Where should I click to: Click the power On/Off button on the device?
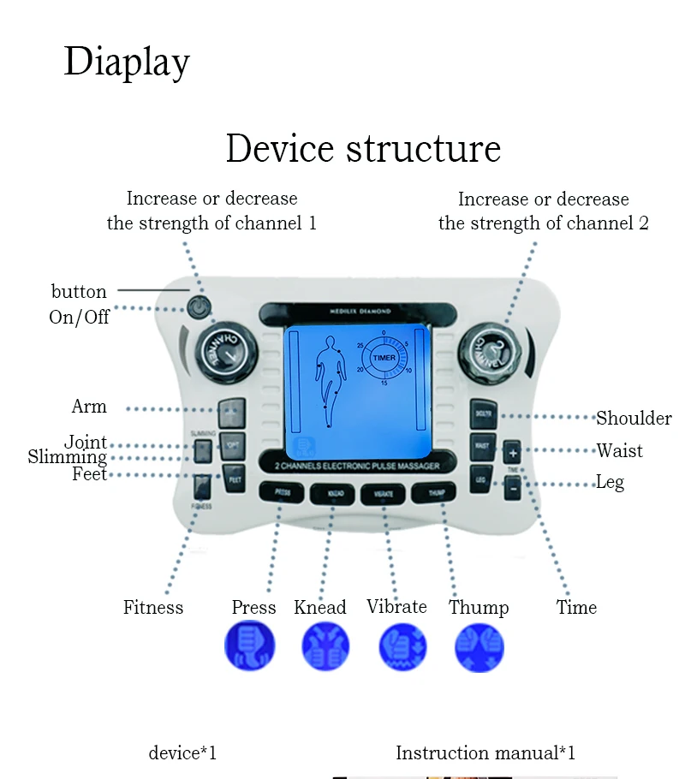pos(200,305)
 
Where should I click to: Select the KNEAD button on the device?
pos(332,494)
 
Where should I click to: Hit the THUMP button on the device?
pos(428,492)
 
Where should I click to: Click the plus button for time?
pos(512,451)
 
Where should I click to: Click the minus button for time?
pos(512,487)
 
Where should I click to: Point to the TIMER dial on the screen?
pos(384,359)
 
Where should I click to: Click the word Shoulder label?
pos(634,418)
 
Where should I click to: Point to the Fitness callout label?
pos(153,608)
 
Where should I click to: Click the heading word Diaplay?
pos(127,62)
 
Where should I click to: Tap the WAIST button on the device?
pos(482,445)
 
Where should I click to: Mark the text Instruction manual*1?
pos(485,753)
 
